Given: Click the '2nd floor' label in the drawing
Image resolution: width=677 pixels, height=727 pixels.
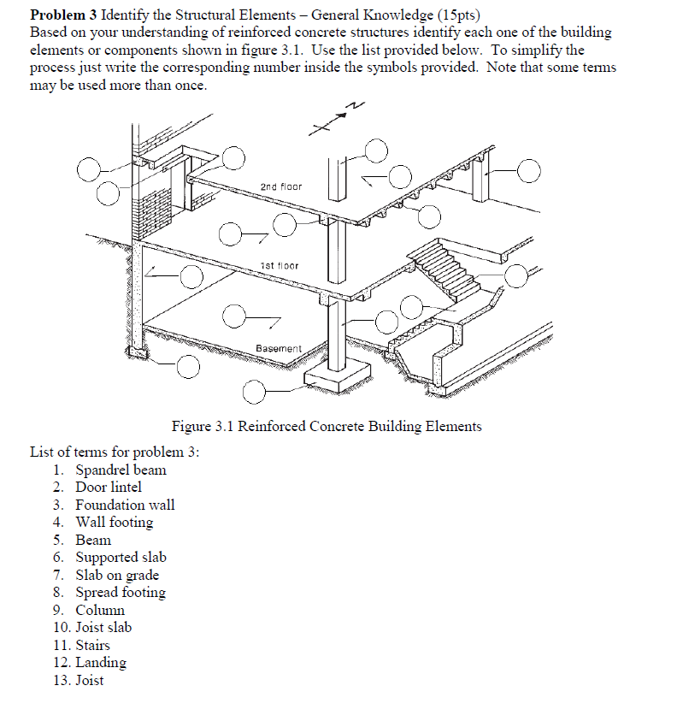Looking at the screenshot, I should [281, 186].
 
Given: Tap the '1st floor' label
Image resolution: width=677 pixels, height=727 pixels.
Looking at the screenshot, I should [279, 266].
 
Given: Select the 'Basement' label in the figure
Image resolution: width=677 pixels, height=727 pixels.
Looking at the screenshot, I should [279, 349].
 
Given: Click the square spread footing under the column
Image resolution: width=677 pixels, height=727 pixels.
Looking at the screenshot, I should [338, 374].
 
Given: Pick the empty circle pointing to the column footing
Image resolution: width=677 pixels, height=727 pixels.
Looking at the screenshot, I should [253, 393].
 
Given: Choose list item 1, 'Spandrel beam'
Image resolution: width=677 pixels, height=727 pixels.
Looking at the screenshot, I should [121, 470].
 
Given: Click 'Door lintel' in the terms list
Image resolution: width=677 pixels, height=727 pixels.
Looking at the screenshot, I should [109, 487].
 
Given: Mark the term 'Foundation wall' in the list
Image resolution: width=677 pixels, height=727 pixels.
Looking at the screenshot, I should [125, 505].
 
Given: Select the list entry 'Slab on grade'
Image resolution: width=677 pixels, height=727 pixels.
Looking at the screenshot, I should [117, 575].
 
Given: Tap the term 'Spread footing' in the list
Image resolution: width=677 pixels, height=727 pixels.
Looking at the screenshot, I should [121, 592].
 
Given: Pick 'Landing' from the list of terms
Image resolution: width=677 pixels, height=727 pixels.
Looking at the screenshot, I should [101, 662].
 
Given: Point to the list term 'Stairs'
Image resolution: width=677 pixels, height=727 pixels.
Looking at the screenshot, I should [92, 645].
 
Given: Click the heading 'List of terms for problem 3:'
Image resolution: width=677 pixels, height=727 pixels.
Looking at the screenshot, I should [114, 452].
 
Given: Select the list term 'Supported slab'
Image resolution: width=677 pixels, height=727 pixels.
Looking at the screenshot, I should [121, 557].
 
